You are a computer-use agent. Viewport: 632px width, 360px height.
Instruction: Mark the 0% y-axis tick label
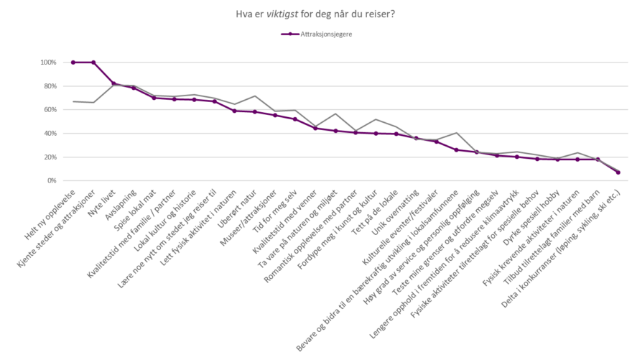52,181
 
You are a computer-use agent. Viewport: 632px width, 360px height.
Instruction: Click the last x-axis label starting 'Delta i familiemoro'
560,237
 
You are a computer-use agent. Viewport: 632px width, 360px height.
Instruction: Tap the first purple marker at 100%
73,63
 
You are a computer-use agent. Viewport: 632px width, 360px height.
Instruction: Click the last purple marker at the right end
618,172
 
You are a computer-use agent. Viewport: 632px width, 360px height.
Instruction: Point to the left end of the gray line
73,102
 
